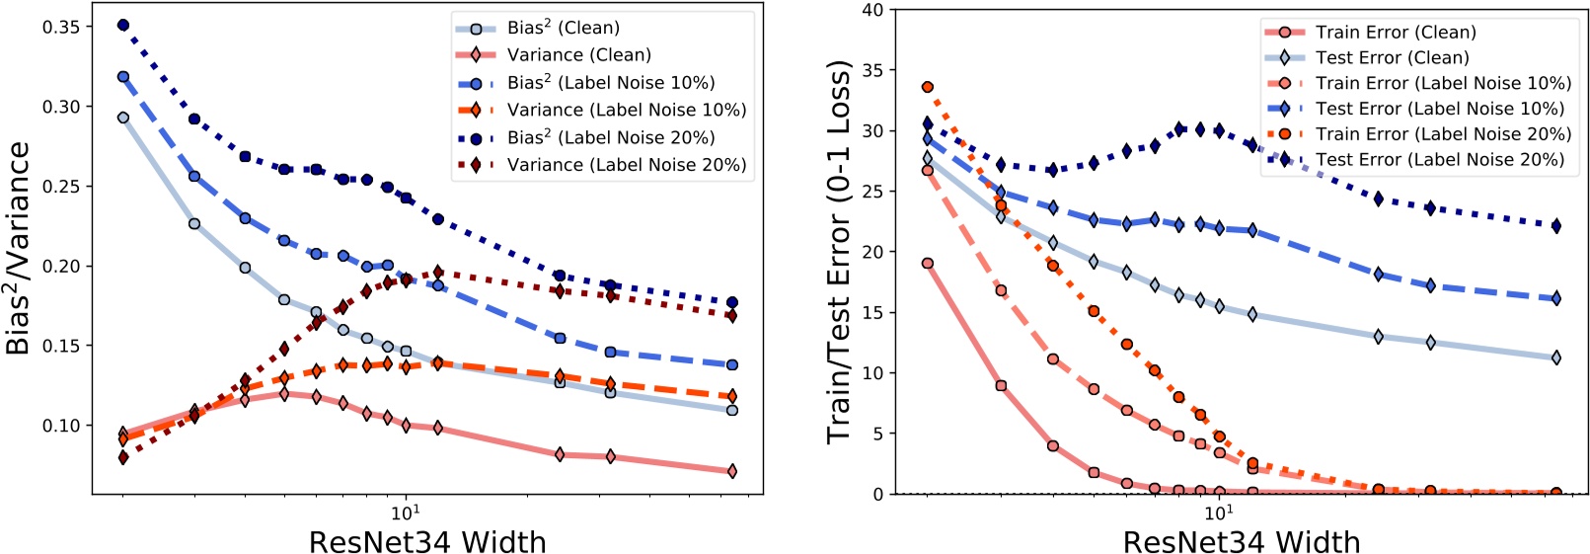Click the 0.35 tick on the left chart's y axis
[61, 27]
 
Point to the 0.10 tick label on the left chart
[61, 426]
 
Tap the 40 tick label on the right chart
[872, 10]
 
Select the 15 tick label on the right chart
[872, 313]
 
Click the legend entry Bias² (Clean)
[563, 28]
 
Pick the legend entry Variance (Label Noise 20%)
[626, 165]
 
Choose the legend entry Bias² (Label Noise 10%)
[610, 83]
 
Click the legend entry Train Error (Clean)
[1396, 33]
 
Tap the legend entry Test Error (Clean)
[1392, 58]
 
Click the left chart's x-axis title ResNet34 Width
[427, 541]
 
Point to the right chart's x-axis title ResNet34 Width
[1242, 541]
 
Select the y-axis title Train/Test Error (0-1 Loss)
[839, 252]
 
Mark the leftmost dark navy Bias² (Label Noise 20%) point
[123, 25]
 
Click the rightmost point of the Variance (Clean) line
[731, 471]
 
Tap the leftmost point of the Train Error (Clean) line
[928, 264]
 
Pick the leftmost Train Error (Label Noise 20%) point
[928, 88]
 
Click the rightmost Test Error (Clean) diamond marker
[1556, 357]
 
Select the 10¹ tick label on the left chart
[405, 511]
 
